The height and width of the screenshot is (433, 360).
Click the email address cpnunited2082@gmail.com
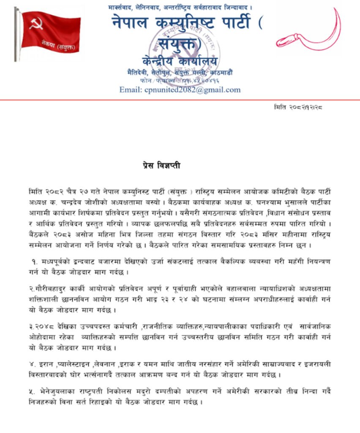180,90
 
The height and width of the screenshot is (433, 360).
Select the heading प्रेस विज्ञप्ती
161,165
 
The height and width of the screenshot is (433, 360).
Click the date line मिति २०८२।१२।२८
298,107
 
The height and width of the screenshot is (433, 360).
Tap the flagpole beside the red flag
16,34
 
